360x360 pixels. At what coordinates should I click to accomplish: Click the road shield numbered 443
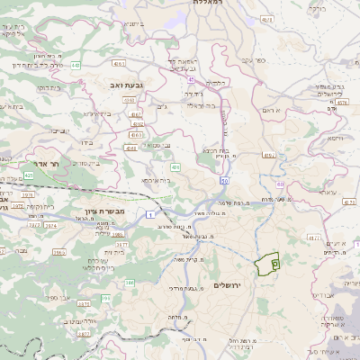[76, 66]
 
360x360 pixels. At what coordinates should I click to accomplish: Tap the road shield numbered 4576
[340, 103]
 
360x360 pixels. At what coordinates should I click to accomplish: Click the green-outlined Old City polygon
[265, 265]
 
